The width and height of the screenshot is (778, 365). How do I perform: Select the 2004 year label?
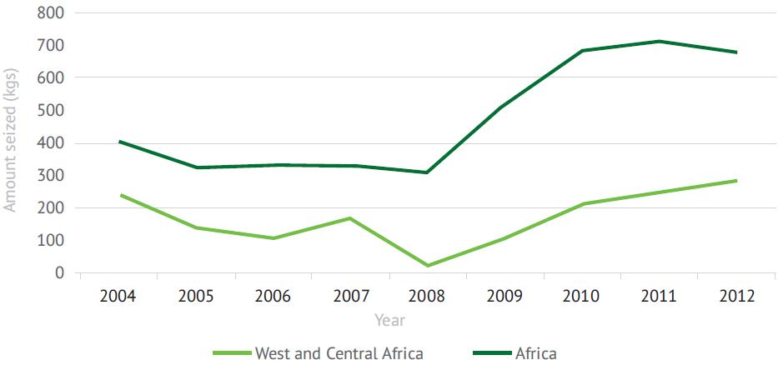(121, 297)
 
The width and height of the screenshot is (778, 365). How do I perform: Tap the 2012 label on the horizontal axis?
(735, 297)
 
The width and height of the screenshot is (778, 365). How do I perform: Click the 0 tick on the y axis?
(60, 272)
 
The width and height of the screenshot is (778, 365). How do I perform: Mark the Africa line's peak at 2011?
(659, 41)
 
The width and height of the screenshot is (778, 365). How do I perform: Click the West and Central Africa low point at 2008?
(428, 266)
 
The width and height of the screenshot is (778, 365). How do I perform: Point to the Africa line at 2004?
(121, 142)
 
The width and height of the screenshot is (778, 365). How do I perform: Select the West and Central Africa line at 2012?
(735, 181)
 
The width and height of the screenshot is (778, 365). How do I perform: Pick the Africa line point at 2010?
(582, 51)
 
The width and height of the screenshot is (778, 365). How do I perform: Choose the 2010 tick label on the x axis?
(582, 297)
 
